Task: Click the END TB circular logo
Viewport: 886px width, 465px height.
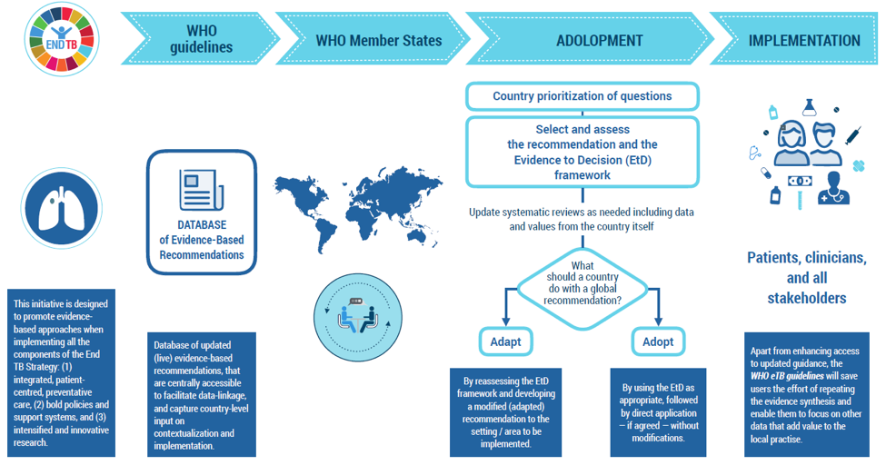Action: [x=63, y=40]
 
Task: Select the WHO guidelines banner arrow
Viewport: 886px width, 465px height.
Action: [x=201, y=40]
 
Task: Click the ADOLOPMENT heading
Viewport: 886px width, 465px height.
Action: [x=599, y=41]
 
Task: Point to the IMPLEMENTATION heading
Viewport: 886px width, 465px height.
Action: [x=803, y=41]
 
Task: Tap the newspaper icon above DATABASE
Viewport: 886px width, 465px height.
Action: [x=202, y=188]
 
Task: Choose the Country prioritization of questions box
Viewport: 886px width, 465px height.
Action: [x=582, y=96]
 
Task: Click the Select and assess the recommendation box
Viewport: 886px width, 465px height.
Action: [x=582, y=152]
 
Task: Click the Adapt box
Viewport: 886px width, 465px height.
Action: [x=505, y=341]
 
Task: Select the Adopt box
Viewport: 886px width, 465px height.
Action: [x=657, y=341]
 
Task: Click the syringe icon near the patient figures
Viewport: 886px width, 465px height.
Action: [x=853, y=137]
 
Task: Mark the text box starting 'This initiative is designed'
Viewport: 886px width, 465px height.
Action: [x=62, y=373]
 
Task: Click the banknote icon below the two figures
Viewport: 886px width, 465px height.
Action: [x=800, y=181]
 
